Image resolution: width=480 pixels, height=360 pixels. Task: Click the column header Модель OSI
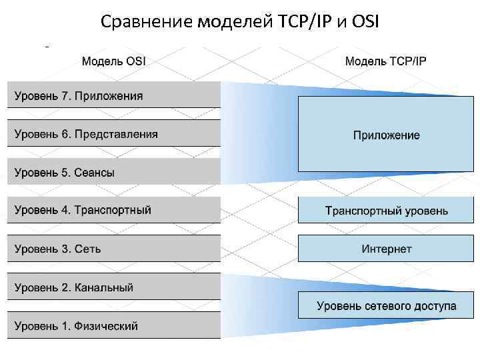point(114,61)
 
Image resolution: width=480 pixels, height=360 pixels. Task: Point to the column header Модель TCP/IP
point(386,61)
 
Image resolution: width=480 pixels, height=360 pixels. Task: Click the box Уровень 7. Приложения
point(113,95)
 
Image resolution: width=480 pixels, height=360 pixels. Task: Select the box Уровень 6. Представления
point(113,134)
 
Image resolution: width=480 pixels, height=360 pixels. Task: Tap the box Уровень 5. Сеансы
point(113,172)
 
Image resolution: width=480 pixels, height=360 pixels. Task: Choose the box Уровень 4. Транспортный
point(113,210)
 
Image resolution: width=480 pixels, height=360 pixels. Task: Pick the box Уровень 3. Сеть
point(113,249)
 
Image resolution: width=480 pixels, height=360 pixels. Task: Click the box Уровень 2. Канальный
point(113,287)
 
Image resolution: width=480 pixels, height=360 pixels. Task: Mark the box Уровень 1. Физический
point(113,326)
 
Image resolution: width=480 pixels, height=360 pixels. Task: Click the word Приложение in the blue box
point(387,135)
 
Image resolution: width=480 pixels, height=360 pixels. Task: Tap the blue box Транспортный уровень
point(387,211)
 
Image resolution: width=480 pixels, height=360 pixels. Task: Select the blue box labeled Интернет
point(387,249)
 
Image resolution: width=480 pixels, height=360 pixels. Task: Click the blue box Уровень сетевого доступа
point(387,306)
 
